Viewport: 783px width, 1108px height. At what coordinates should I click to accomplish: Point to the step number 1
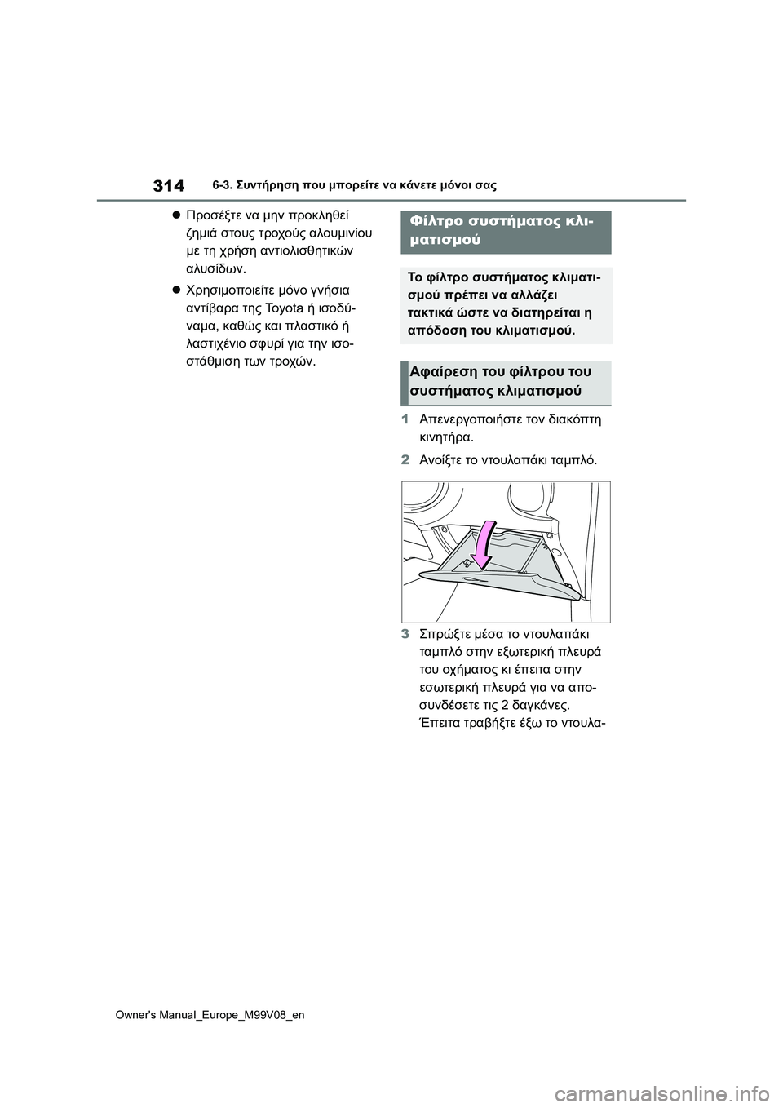[405, 419]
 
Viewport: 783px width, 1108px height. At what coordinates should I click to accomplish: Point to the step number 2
[405, 460]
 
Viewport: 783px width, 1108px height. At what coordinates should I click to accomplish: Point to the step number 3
[405, 634]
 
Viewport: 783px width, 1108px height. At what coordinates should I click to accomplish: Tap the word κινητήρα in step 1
[446, 437]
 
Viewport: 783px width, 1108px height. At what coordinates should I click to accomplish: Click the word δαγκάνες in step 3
[542, 705]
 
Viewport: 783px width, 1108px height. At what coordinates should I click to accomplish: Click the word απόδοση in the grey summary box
[434, 331]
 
